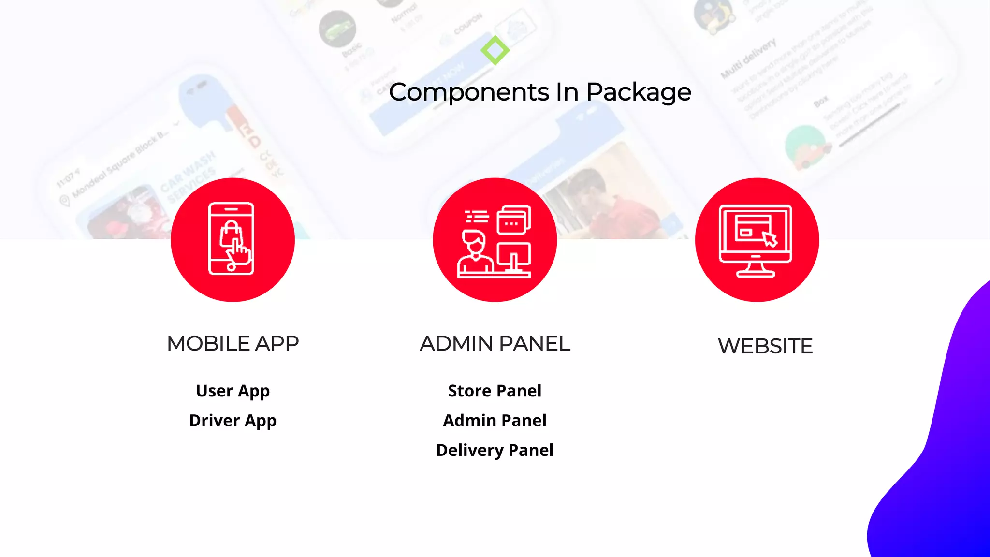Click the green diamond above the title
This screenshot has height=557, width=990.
(495, 50)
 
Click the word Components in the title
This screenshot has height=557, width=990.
(469, 92)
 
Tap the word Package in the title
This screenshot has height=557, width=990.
(639, 92)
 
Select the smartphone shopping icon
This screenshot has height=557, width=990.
(232, 239)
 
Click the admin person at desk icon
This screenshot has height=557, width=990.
(495, 240)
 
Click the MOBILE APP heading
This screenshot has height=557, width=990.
(233, 344)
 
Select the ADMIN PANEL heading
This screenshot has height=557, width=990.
(495, 344)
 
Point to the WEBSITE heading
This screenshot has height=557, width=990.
(765, 346)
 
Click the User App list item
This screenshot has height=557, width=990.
(233, 391)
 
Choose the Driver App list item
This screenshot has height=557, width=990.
(233, 421)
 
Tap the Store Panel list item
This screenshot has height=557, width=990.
(495, 391)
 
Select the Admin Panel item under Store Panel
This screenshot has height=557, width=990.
(495, 421)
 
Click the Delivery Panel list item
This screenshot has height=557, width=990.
(495, 450)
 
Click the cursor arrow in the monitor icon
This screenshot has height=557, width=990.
(770, 238)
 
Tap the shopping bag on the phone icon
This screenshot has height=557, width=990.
(231, 234)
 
